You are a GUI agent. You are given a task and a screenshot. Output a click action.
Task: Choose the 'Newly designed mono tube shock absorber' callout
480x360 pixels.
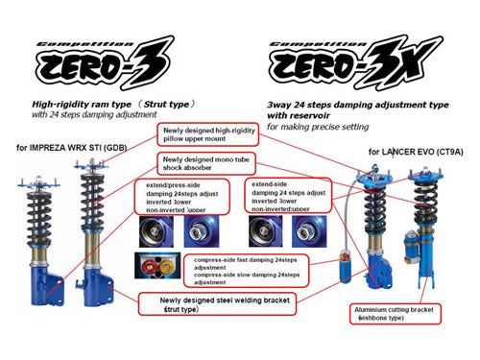point(201,164)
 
